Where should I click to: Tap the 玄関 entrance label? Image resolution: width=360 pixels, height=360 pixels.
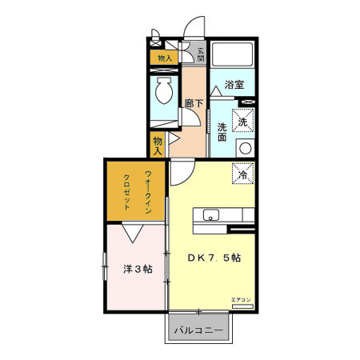(200, 54)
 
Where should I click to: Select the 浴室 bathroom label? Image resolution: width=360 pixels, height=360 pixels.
(233, 84)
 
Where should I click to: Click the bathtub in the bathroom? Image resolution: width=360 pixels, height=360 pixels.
(234, 55)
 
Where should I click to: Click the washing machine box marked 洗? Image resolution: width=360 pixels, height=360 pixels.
(243, 122)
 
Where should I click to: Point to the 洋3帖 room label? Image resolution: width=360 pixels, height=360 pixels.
(137, 269)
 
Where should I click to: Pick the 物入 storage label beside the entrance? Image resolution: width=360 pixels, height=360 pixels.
(164, 58)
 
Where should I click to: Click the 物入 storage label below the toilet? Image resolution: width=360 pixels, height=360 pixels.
(158, 144)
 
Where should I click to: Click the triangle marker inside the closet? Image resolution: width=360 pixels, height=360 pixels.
(134, 232)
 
